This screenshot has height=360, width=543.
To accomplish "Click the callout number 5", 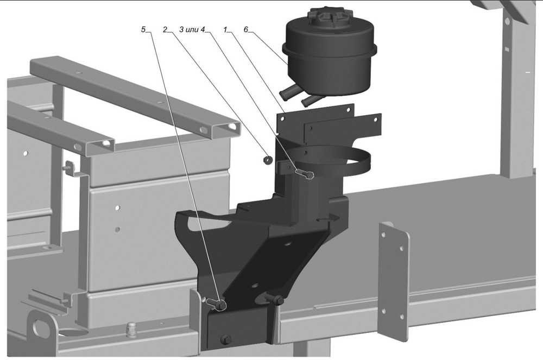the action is tap(143, 29).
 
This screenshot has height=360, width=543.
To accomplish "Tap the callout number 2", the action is tap(165, 29).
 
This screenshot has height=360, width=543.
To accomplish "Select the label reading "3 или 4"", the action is tap(192, 29).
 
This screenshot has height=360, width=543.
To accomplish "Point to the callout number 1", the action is tap(225, 29).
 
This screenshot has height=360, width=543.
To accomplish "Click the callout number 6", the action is tap(246, 29).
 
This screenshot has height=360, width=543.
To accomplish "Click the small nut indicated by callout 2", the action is tap(267, 160).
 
